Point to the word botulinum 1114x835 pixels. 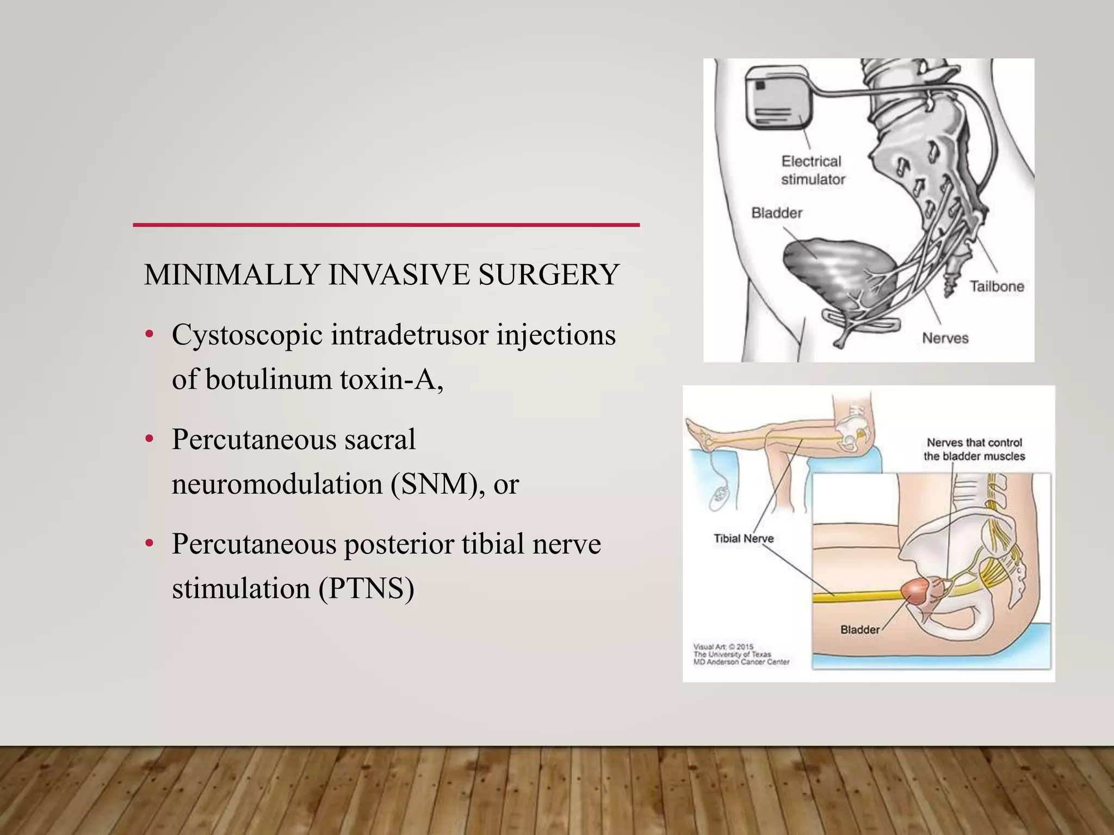point(269,379)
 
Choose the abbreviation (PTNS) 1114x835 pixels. point(367,588)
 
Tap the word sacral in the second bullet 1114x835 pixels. point(380,439)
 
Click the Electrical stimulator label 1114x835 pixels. point(812,170)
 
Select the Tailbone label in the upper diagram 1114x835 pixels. point(997,286)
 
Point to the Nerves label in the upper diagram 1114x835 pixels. point(945,338)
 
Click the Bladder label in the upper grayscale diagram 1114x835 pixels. point(777,213)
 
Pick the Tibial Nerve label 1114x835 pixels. point(744,538)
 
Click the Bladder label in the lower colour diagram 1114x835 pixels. point(860,630)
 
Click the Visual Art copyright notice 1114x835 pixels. point(740,655)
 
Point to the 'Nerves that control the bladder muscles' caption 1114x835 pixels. point(974,450)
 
